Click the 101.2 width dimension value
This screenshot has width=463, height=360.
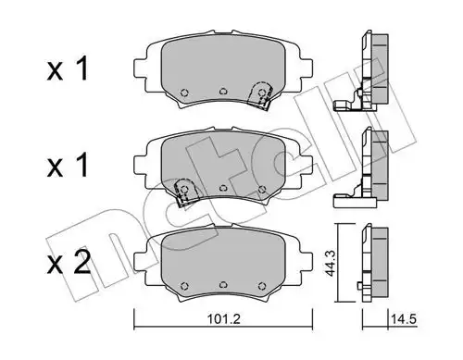click(223, 319)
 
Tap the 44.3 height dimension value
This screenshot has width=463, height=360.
click(331, 264)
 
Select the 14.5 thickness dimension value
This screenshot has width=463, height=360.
click(404, 319)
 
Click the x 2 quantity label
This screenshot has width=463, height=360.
click(69, 262)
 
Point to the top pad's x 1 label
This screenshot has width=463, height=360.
click(68, 69)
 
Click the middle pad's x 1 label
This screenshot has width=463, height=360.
click(68, 166)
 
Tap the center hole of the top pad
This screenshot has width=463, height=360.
click(223, 92)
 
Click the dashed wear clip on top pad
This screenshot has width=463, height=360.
click(260, 94)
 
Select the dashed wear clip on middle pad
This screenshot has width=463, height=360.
click(185, 191)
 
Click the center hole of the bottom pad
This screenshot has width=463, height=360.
click(223, 285)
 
